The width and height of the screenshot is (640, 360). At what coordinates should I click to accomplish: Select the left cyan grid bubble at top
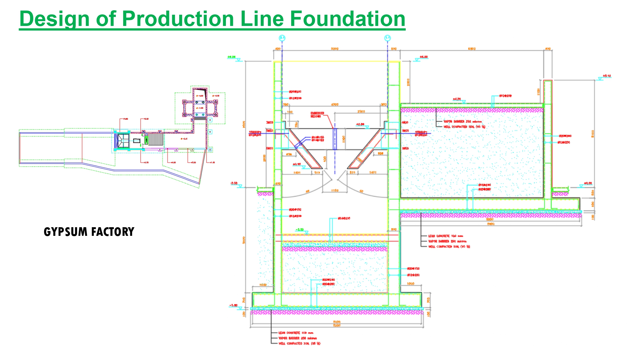coord(282,38)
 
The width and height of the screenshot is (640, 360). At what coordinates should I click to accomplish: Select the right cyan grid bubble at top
coord(388,38)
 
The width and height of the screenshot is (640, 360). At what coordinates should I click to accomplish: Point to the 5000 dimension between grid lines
coord(335,49)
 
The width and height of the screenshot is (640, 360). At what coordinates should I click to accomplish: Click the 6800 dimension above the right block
coord(472,49)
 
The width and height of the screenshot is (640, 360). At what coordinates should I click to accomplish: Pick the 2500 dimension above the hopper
coord(361,111)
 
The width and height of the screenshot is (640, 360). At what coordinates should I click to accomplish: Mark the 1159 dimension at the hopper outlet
coord(335,191)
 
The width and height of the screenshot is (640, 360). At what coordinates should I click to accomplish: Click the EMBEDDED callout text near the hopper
coord(317,113)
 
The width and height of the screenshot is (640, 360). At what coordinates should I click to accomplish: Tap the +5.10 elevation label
coord(607,76)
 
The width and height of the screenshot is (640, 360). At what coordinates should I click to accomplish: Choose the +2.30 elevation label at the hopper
coord(360,124)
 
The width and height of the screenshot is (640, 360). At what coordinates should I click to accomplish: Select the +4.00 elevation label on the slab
coord(457,99)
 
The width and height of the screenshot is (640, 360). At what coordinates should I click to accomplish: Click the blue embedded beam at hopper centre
coord(335,139)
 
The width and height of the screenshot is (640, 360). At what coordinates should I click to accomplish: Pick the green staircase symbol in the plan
coord(146,140)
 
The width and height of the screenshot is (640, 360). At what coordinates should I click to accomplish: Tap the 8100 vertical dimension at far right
coord(592,133)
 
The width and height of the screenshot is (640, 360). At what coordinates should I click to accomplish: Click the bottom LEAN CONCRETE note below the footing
coord(296,333)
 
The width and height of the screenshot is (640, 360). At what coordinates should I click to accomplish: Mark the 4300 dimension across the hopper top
coord(335,104)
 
